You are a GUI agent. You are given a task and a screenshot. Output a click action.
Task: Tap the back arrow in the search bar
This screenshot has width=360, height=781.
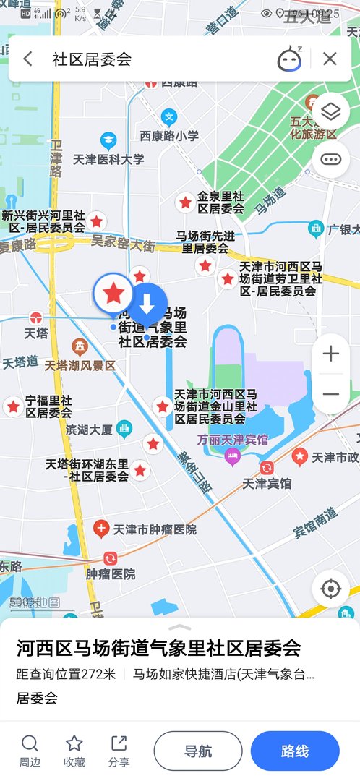(x=27, y=59)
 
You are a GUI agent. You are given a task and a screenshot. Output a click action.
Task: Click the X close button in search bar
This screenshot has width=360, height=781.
(x=330, y=59)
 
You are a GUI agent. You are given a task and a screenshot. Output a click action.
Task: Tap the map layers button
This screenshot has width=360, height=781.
(x=330, y=111)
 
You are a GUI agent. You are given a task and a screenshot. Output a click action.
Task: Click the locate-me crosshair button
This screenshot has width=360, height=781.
(x=330, y=589)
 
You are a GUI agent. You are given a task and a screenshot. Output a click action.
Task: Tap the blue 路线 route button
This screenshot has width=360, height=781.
(x=295, y=751)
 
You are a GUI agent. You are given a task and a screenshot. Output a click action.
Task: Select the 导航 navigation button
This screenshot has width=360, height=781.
(x=198, y=751)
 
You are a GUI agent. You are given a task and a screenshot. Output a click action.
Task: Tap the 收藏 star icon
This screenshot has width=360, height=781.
(x=74, y=744)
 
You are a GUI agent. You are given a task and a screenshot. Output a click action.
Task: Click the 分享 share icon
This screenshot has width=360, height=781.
(x=119, y=744)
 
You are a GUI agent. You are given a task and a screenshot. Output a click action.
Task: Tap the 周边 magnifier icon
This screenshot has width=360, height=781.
(x=30, y=744)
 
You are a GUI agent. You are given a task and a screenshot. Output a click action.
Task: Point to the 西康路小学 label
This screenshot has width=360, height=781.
(x=169, y=135)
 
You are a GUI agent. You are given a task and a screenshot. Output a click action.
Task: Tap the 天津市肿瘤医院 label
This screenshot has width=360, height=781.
(x=154, y=529)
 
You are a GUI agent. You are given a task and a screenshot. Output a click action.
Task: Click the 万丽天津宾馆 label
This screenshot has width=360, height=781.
(x=233, y=440)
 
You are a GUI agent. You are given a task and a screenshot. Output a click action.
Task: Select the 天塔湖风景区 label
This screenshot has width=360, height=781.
(x=80, y=365)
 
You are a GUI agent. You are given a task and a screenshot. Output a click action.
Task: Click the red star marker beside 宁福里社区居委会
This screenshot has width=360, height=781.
(x=13, y=406)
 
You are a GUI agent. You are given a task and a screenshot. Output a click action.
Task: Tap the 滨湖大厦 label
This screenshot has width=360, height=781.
(x=90, y=430)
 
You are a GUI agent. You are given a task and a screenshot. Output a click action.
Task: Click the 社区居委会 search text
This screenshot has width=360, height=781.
(x=92, y=59)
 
